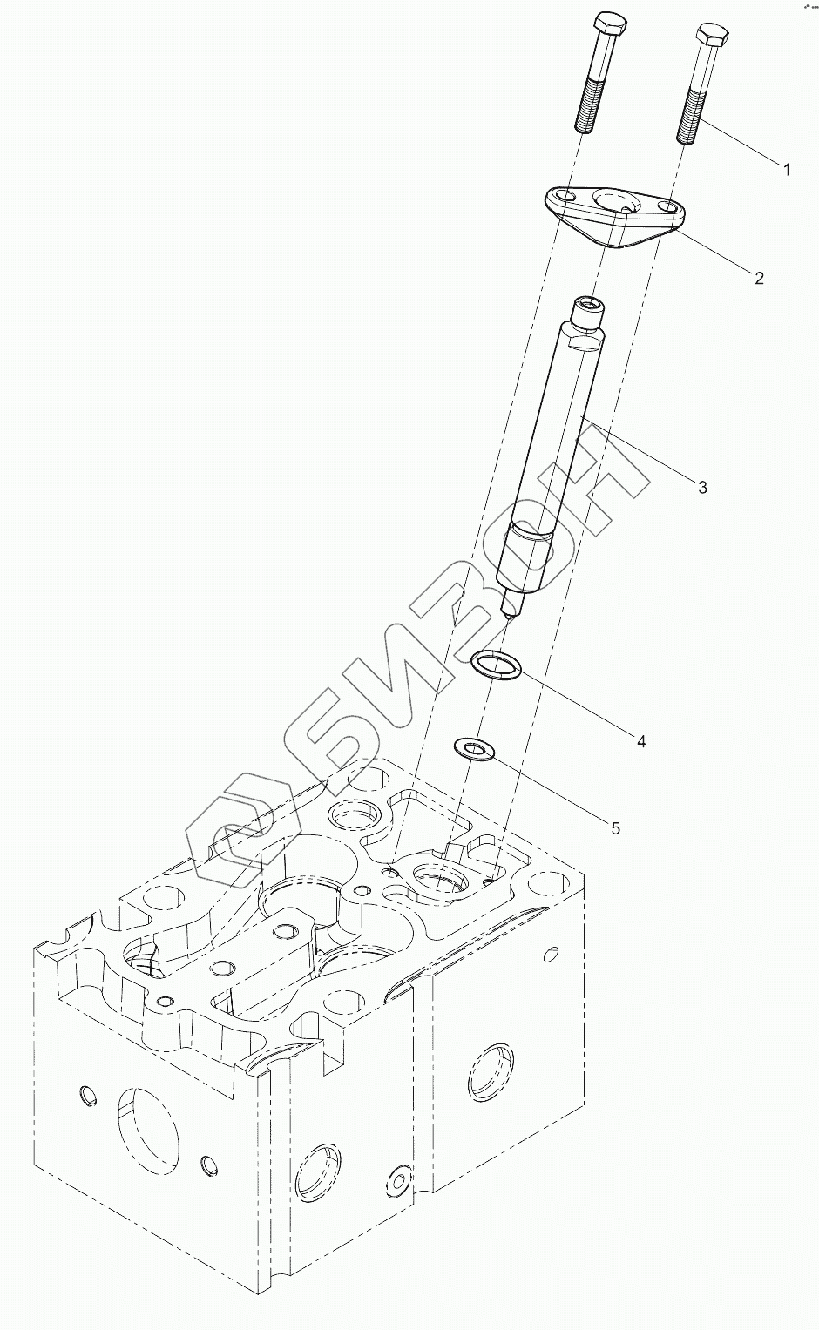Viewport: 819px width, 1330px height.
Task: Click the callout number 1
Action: [786, 170]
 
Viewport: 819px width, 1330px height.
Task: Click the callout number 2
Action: [758, 278]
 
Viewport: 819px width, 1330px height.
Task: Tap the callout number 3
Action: [702, 486]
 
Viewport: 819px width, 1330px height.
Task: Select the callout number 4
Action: [640, 741]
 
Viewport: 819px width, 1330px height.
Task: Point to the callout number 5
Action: [615, 828]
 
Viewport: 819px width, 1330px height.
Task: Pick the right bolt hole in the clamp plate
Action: [669, 208]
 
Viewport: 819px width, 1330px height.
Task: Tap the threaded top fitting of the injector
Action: [585, 312]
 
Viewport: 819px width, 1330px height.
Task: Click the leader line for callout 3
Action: [645, 453]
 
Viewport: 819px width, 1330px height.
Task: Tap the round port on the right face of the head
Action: [488, 1069]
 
